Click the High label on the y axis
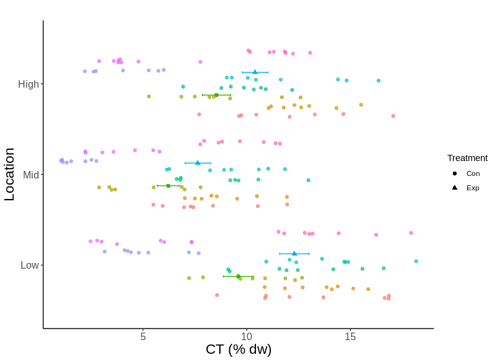(x=29, y=84)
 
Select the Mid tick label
(x=31, y=175)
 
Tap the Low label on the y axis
(x=30, y=265)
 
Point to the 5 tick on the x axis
(x=143, y=336)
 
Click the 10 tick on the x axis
(x=247, y=336)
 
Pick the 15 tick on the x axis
(x=350, y=336)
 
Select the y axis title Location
(x=9, y=174)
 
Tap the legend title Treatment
(x=467, y=158)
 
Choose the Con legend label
(x=473, y=173)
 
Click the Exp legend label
(x=473, y=187)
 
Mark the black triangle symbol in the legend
(x=455, y=187)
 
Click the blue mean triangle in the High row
(x=255, y=72)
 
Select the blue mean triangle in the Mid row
(x=198, y=163)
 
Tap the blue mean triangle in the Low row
(x=294, y=254)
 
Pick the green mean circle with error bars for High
(x=216, y=95)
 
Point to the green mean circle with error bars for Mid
(x=168, y=185)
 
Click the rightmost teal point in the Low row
(x=416, y=261)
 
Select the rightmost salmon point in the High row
(x=393, y=116)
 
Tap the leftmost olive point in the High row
(x=149, y=96)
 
